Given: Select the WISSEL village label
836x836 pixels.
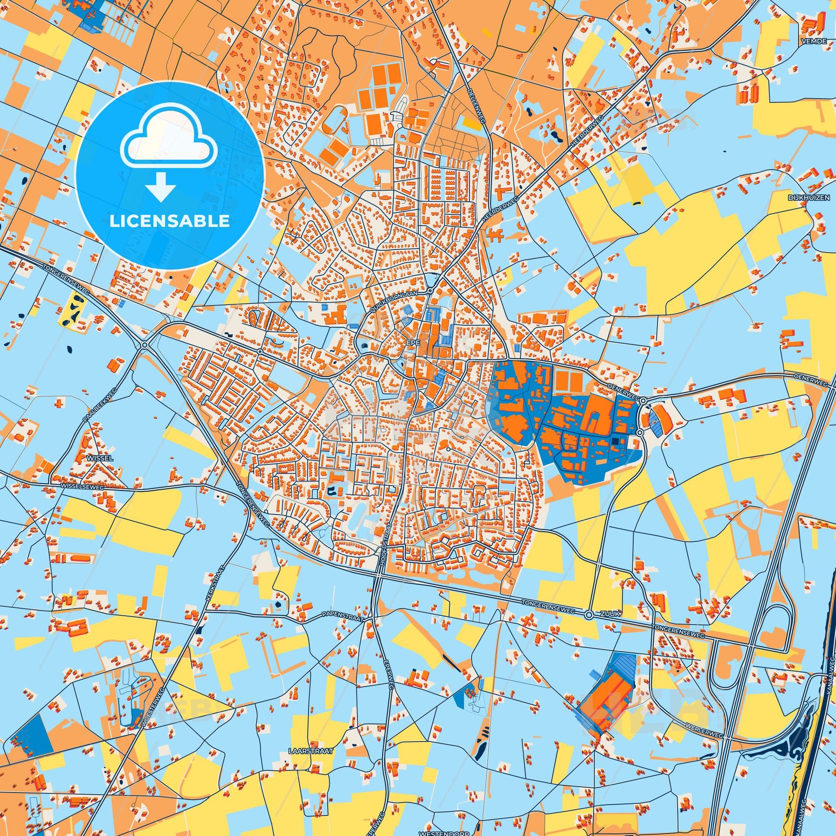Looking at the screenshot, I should [x=100, y=458].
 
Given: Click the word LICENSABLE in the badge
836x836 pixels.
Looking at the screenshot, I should [x=169, y=221].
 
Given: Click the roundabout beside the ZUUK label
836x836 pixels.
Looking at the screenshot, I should [x=589, y=615].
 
